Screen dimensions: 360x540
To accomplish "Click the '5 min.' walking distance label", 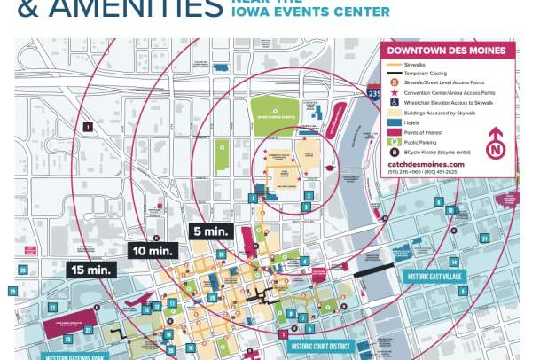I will pos(212,231).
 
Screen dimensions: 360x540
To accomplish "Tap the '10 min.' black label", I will pos(153,251).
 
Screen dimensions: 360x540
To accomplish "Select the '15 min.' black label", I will pos(92,269).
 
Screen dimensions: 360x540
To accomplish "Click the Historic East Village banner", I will pos(435,277).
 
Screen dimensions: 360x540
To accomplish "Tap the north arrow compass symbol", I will pos(496,141).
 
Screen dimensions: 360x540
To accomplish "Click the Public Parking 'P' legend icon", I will pos(395,142).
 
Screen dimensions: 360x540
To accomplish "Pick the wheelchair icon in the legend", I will pos(395,102).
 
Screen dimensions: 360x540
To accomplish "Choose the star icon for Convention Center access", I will pos(395,92).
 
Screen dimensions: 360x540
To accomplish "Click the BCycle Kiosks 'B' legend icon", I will pos(395,152).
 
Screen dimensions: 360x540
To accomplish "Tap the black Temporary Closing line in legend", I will pos(395,73).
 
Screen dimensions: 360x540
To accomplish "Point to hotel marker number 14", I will pos(453,262).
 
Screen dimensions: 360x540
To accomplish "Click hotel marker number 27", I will pos(52,308).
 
